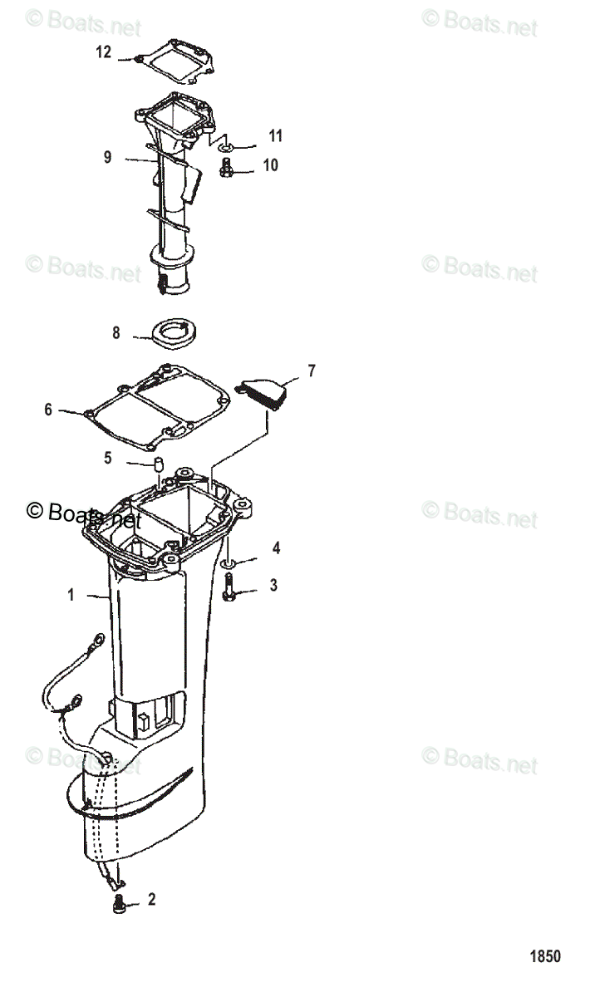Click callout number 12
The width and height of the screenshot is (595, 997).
[103, 52]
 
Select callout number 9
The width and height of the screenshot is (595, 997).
[107, 155]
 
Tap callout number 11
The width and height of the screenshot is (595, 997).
[275, 135]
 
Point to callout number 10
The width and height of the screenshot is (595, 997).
[271, 165]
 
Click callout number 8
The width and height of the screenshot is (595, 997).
[116, 333]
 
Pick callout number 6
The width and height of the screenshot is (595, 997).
[48, 409]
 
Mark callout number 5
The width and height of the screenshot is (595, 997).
[107, 457]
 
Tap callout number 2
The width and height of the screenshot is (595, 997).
[150, 898]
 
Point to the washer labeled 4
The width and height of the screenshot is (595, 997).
[228, 564]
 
